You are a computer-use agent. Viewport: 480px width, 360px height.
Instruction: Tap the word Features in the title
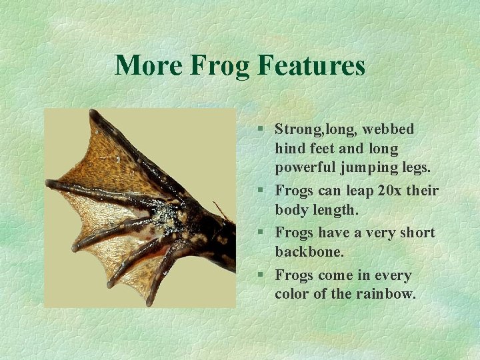311,66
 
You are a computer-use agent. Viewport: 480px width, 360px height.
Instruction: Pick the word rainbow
386,293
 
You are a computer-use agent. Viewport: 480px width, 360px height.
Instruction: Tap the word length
337,210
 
